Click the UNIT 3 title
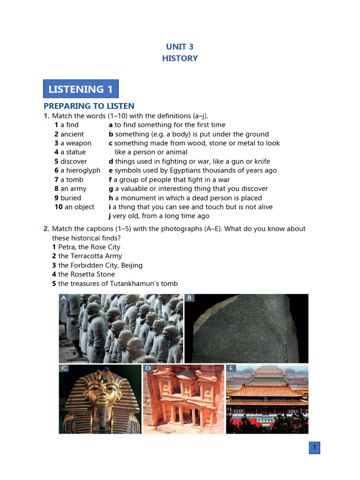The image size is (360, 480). pos(180,46)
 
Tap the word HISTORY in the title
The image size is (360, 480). pos(180,58)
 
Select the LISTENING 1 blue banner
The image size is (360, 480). pos(81,89)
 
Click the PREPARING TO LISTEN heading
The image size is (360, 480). pos(89,106)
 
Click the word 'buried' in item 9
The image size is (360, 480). pos(71,198)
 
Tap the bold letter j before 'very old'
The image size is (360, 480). pos(110,216)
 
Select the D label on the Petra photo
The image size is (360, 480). pos(148,368)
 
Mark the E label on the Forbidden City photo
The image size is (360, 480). pos(231,368)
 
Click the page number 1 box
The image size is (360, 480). pos(314,448)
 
